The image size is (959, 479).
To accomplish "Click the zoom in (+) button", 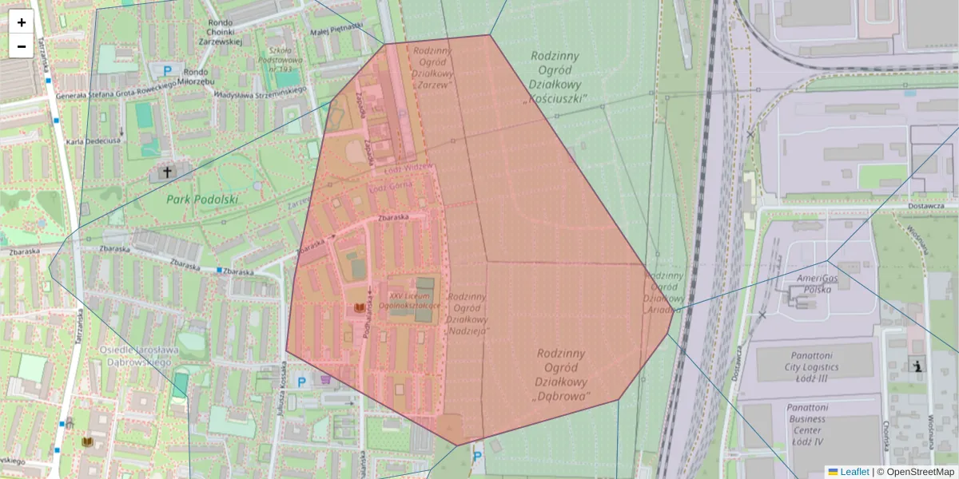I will tap(22, 22).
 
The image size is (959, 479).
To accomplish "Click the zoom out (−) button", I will tap(22, 46).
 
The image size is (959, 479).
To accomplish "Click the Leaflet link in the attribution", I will tap(854, 472).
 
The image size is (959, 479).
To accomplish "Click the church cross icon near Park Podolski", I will tap(167, 172).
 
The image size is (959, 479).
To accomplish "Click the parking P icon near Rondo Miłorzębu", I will tap(167, 70).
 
